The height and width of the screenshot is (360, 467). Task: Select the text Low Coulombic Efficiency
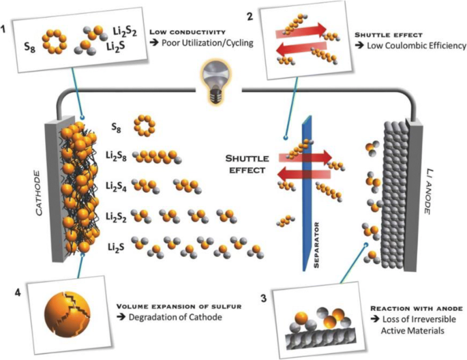click(x=415, y=46)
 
